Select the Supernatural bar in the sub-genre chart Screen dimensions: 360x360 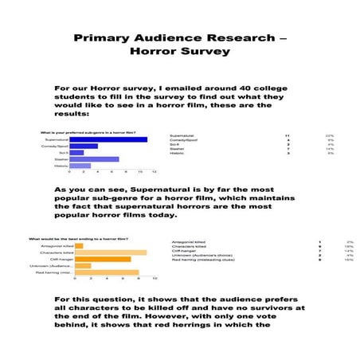(x=108, y=139)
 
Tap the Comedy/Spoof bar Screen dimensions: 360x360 (x=84, y=146)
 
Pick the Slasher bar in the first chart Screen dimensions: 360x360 (x=94, y=158)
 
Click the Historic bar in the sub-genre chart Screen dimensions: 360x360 (x=80, y=166)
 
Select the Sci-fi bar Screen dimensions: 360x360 (x=76, y=152)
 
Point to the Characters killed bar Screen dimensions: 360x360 (x=111, y=252)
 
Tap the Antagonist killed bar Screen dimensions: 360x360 (x=79, y=246)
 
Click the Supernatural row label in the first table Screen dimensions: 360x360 (x=182, y=136)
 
